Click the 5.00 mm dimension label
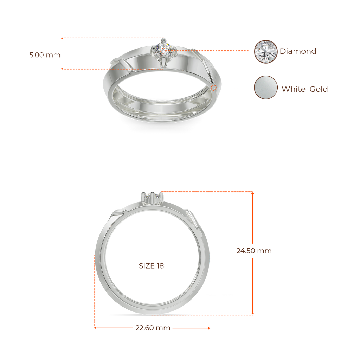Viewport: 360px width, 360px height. [45, 55]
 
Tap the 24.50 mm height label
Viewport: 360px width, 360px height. [254, 251]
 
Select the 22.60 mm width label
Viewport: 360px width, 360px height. [153, 328]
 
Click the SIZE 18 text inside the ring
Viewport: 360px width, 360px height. [151, 266]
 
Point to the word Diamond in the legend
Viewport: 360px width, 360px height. [298, 51]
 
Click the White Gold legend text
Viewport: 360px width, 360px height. [305, 89]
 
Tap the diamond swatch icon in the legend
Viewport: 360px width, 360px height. [266, 52]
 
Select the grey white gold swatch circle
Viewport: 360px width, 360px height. [266, 88]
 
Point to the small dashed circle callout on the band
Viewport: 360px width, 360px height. [213, 88]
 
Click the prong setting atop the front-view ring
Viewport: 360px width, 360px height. [152, 198]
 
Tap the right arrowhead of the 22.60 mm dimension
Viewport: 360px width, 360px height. [209, 328]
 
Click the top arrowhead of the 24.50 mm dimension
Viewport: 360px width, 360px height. [253, 193]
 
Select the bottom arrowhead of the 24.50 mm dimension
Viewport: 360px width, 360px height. [253, 313]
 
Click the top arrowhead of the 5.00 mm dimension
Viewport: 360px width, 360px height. [62, 39]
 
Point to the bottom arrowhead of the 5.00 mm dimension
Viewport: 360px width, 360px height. [62, 68]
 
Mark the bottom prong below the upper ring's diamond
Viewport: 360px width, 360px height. [163, 62]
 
